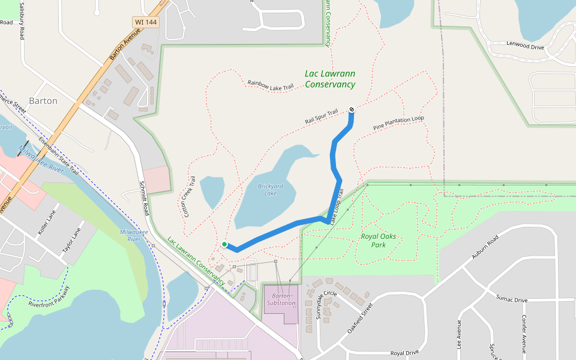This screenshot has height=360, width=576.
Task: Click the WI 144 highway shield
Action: pos(146,22)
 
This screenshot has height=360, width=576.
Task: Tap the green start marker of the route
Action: pos(224,244)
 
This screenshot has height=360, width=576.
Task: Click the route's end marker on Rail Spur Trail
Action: pos(351,109)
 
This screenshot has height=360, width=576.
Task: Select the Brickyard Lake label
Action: pos(270,190)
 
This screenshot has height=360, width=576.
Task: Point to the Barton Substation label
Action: pos(281,299)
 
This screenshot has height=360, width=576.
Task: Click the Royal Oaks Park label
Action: pos(382,241)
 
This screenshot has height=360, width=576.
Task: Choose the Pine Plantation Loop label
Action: pos(398,122)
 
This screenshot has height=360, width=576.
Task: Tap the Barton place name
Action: pos(43,101)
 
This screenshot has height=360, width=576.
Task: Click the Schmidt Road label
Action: pos(144,198)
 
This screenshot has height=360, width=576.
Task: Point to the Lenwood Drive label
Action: pos(525,46)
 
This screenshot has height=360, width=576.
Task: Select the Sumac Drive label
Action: pos(511,299)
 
